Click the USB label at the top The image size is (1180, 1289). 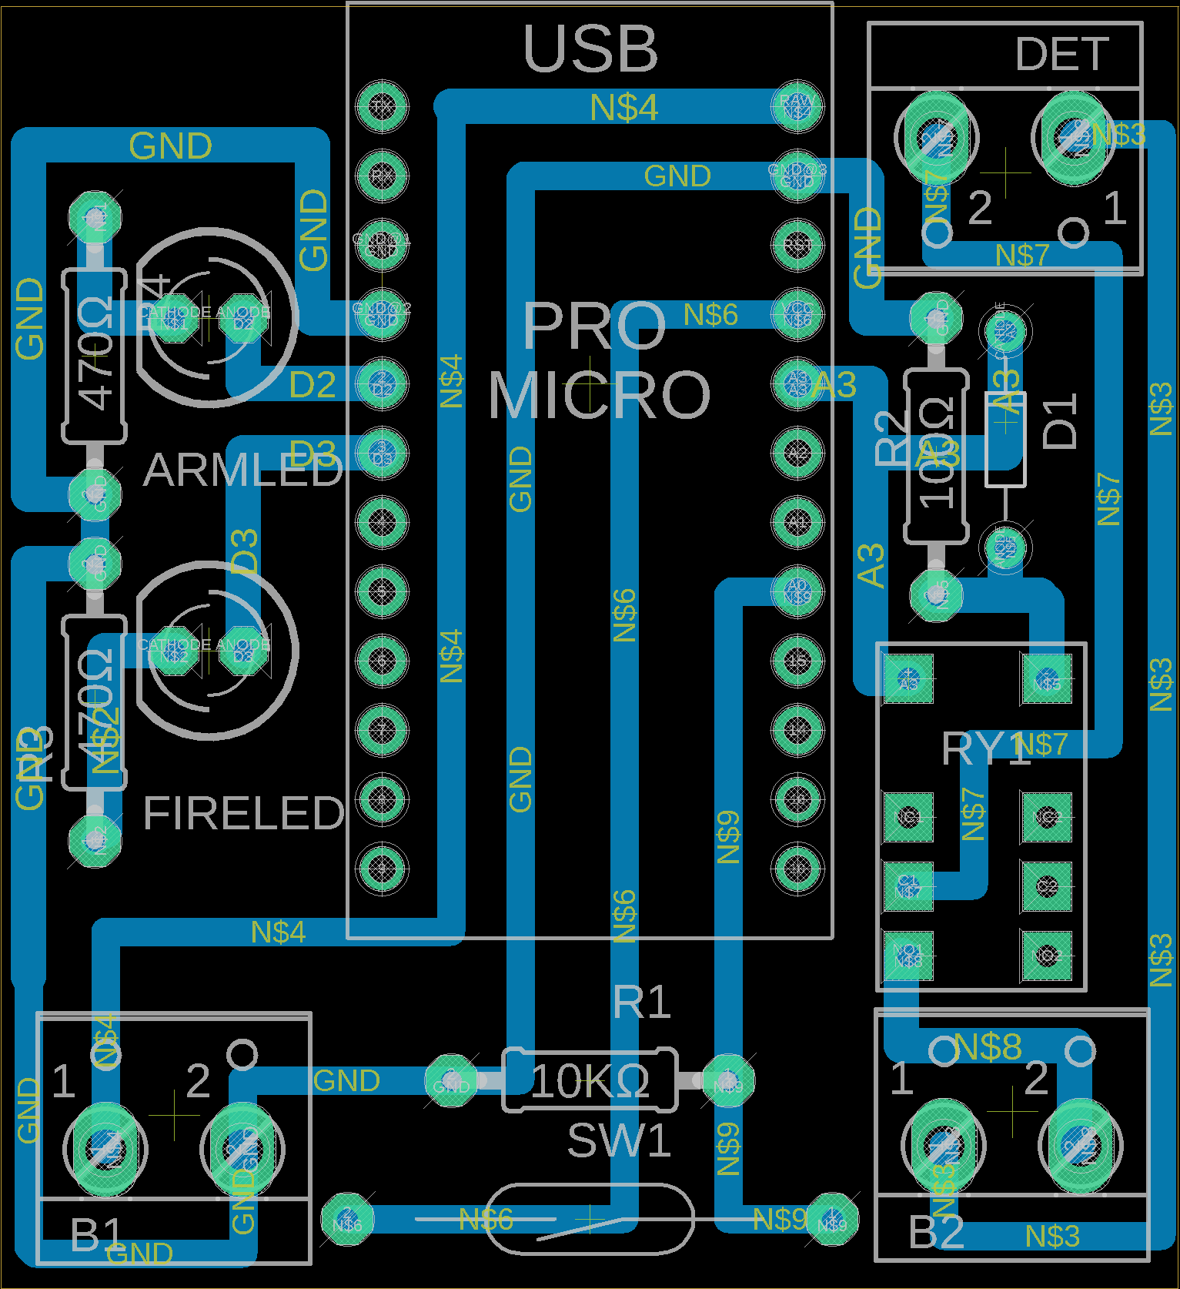590,49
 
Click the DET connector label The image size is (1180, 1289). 1061,55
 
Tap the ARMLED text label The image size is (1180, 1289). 242,470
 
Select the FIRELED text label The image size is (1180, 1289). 243,813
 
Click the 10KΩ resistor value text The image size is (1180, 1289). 590,1081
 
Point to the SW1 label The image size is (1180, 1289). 619,1140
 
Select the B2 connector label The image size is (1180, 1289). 936,1233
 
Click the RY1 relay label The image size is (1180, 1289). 985,748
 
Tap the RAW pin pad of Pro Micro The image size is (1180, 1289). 797,106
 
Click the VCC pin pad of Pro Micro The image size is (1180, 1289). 797,314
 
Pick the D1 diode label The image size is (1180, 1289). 1060,420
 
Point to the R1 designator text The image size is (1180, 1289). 642,1003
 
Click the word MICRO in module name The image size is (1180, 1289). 599,395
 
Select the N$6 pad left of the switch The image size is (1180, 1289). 347,1219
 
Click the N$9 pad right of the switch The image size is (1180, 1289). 832,1219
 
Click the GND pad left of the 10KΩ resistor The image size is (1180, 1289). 451,1081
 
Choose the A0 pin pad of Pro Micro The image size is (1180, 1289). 797,591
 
